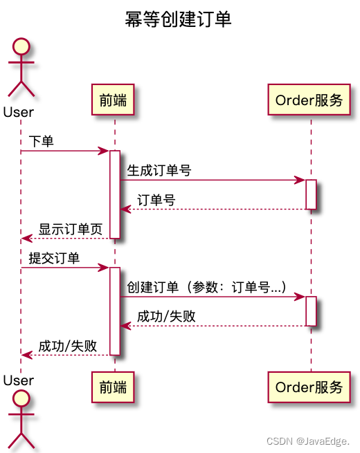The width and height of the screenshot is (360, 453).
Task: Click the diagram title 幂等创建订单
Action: (178, 19)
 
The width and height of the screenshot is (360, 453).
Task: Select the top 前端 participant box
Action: (113, 100)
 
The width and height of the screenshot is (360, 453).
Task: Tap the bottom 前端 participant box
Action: (113, 387)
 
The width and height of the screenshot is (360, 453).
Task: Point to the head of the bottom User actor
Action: (20, 399)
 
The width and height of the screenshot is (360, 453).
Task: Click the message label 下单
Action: (42, 141)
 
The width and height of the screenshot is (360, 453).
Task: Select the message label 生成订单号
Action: (159, 171)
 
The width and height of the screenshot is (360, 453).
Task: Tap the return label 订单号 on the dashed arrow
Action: (156, 201)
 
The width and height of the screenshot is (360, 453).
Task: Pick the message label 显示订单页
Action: (71, 230)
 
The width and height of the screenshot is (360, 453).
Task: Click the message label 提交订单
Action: (54, 259)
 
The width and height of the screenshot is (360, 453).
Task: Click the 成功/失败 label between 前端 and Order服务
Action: (166, 317)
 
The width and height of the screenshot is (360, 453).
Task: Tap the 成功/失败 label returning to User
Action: (67, 346)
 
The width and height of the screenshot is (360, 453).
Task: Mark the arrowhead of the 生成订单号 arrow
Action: (301, 181)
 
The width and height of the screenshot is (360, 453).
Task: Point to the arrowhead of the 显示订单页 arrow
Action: (26, 239)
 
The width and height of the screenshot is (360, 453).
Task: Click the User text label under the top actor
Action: (18, 111)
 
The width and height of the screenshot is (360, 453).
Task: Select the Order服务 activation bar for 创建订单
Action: (312, 311)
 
